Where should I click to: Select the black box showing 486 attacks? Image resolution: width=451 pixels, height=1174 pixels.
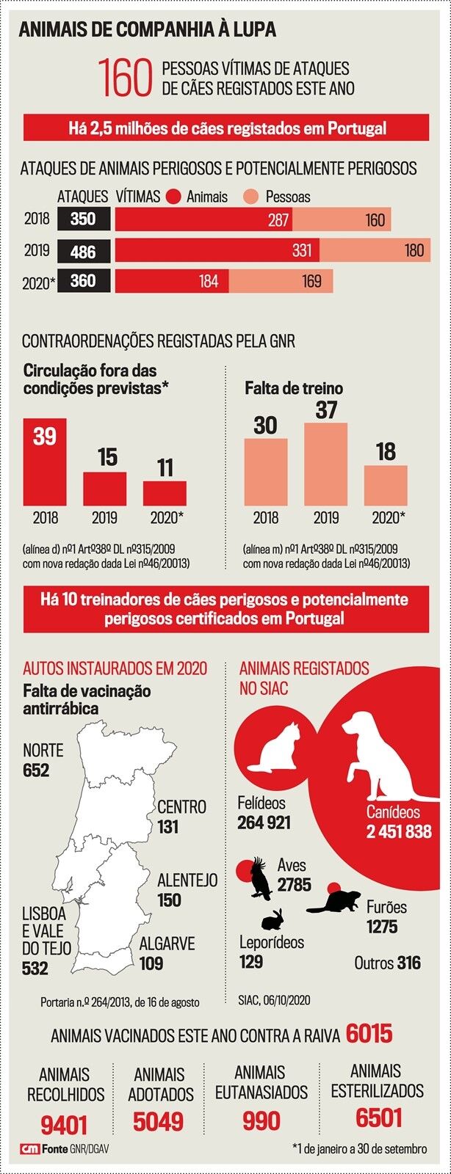[x=83, y=251]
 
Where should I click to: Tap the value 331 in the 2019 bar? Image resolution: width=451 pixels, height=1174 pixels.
[x=301, y=250]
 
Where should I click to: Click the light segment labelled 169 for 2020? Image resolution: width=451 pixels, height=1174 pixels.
[x=311, y=281]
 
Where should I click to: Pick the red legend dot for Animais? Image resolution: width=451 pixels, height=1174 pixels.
[x=174, y=197]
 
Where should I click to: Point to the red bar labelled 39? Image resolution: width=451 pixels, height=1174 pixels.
[x=45, y=462]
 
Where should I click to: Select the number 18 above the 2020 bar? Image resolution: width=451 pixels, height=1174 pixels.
[x=386, y=452]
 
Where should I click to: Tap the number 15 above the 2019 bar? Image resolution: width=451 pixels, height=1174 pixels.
[x=107, y=457]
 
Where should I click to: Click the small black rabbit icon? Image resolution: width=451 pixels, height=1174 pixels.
[x=273, y=919]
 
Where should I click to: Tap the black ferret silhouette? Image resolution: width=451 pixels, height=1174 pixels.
[x=333, y=902]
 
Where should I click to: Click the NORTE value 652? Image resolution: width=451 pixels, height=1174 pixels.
[x=36, y=770]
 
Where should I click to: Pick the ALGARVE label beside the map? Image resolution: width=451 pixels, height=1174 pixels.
[x=167, y=944]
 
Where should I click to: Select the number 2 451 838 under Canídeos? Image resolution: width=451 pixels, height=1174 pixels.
[x=399, y=831]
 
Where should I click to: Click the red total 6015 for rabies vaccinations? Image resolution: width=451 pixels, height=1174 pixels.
[x=369, y=1034]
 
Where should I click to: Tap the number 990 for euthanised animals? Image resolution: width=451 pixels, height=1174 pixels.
[x=261, y=1121]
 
